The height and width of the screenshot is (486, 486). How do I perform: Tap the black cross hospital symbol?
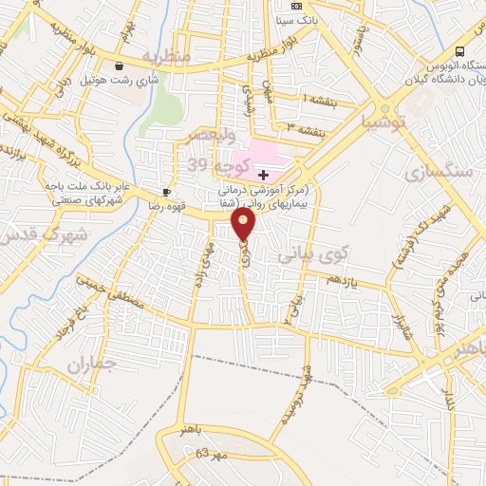(263, 174)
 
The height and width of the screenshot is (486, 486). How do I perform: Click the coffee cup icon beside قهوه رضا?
(168, 191)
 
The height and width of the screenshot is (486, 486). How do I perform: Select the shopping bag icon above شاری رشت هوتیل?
(120, 66)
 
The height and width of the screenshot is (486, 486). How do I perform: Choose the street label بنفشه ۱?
(317, 99)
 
